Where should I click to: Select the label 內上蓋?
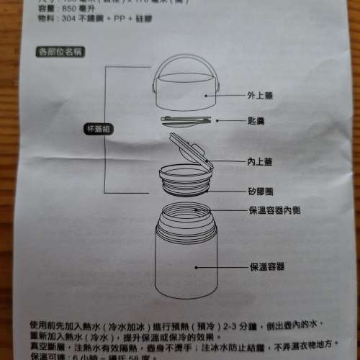pyautogui.click(x=259, y=163)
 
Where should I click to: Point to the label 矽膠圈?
pyautogui.click(x=259, y=192)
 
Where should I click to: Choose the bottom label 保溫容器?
pyautogui.click(x=266, y=266)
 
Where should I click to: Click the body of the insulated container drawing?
pyautogui.click(x=184, y=270)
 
